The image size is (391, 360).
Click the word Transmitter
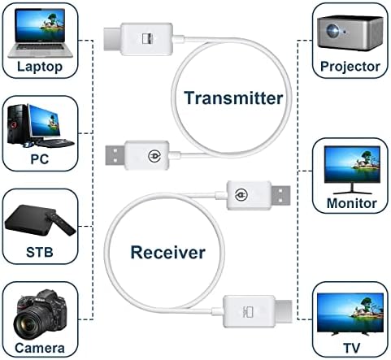[233, 98]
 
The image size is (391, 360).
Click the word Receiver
[167, 252]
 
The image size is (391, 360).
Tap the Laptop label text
[40, 67]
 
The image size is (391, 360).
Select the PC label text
[40, 159]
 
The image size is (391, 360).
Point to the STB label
[40, 252]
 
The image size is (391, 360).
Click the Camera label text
[40, 348]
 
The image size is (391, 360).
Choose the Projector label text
[350, 67]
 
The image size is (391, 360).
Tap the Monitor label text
[352, 203]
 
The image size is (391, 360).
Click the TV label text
[352, 348]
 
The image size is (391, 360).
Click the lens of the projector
[332, 30]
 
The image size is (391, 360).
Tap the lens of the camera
[26, 324]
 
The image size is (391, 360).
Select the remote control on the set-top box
[61, 223]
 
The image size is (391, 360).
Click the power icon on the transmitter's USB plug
[154, 156]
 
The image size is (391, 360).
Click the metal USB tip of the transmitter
[115, 155]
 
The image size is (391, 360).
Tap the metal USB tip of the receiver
[280, 195]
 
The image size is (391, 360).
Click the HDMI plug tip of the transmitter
[112, 39]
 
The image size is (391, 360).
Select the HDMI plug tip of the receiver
[284, 311]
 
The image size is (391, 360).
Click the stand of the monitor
[352, 189]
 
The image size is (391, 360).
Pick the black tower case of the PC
[18, 125]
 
